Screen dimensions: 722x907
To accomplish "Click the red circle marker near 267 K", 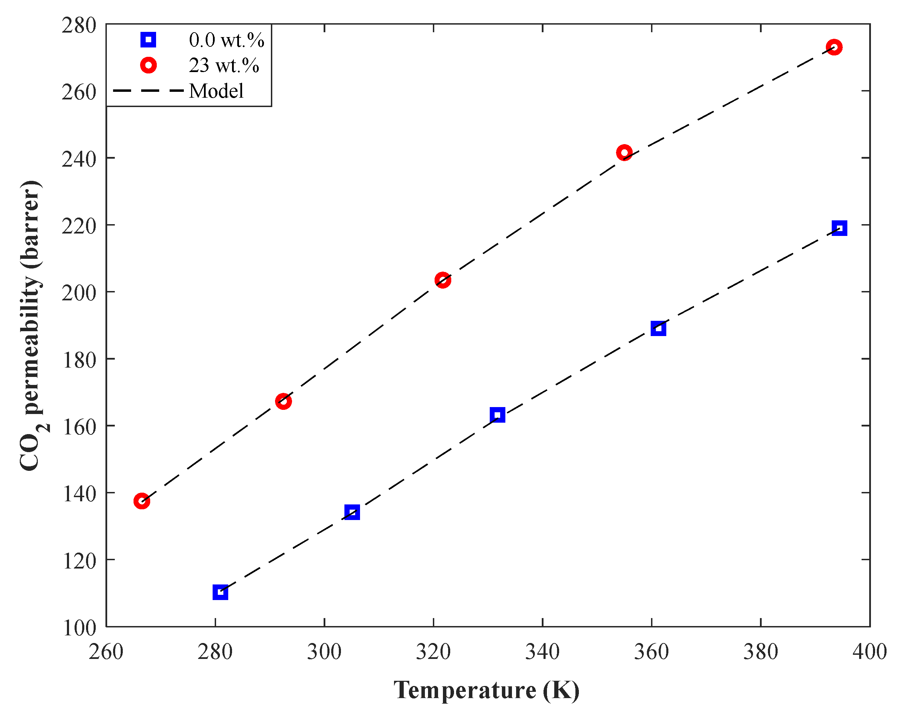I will pos(142,501).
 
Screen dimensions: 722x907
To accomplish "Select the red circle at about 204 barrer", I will pos(443,280).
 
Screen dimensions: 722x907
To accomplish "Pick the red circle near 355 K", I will pos(624,152).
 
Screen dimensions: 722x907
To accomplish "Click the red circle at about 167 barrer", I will pos(283,401).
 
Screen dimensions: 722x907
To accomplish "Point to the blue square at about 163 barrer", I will pos(497,415).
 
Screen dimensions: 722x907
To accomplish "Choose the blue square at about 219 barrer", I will pos(839,228).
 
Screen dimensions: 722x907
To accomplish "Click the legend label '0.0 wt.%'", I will pos(226,40).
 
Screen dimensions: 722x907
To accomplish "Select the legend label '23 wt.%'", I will pos(224,65).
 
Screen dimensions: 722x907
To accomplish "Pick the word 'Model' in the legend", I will pos(216,91).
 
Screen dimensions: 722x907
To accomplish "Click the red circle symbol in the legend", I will pos(148,65).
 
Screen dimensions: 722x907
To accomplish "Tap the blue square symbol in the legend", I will pos(148,40).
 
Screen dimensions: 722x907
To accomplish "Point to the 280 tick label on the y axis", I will pos(79,26).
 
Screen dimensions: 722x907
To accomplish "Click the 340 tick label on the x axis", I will pos(542,652).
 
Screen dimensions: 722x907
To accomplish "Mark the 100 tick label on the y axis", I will pos(79,628).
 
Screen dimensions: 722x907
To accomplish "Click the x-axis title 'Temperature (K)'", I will pos(486,690).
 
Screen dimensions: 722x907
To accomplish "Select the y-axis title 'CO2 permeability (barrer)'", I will pos(32,326).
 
